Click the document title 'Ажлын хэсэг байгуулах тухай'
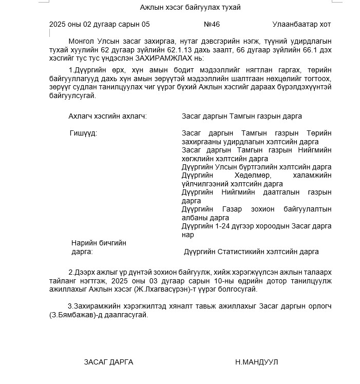pos(190,7)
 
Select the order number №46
pos(212,24)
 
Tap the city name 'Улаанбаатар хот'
pos(301,24)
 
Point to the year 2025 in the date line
pos(58,24)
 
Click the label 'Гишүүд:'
pos(83,133)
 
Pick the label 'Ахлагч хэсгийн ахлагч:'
pos(108,116)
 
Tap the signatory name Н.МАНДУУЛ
pos(256,362)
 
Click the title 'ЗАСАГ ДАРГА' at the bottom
pos(108,362)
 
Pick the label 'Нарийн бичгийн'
pos(99,242)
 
